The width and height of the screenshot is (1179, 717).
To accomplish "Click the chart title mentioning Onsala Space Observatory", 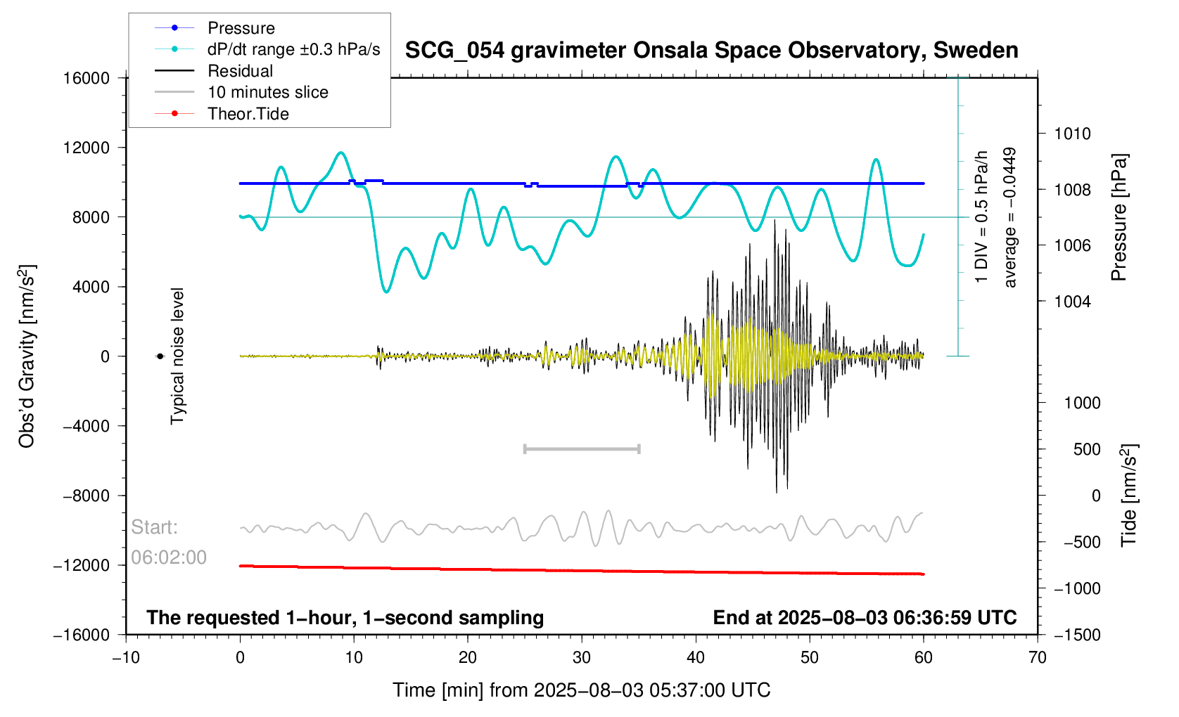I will point(711,51).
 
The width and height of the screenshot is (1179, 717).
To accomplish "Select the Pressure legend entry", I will point(241,28).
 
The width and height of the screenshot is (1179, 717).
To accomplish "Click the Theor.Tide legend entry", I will point(248,114).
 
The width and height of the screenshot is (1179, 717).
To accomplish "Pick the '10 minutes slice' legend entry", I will point(267,92).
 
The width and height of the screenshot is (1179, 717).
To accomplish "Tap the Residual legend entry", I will point(240,71).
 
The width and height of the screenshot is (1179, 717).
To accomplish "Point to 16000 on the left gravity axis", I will point(87,78).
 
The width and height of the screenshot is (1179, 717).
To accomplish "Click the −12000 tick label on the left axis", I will point(82,565).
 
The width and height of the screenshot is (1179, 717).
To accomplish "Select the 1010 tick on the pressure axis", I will point(1072,134).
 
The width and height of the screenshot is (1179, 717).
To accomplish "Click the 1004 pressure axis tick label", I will point(1072,302).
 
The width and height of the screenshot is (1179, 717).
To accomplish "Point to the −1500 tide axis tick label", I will point(1077,635).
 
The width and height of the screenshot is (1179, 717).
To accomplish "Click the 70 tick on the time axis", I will point(1037,658).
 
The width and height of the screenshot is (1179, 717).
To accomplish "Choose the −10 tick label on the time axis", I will point(126,658).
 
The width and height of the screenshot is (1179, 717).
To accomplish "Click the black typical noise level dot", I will point(160,356).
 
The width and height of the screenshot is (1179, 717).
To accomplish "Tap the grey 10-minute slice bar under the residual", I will point(582,448).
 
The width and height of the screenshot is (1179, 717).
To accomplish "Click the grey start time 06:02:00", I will point(169,557).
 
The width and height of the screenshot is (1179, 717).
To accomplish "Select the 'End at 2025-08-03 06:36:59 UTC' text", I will point(865,618).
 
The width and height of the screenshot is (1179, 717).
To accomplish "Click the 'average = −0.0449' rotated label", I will point(1010,217).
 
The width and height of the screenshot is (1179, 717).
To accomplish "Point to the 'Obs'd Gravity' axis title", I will point(27,356).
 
